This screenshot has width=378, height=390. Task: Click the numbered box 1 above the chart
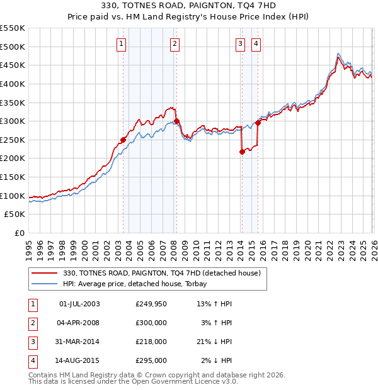[120, 43]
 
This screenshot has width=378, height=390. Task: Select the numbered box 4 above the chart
[256, 43]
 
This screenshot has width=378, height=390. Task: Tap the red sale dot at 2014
[242, 151]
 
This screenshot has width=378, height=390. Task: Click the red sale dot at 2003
[123, 140]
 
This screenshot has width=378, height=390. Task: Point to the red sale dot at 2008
[176, 121]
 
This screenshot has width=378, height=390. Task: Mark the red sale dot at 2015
[258, 123]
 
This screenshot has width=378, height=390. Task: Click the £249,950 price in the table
[151, 304]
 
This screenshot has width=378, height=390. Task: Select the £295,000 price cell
[151, 360]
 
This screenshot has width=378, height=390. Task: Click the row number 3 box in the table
[32, 342]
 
